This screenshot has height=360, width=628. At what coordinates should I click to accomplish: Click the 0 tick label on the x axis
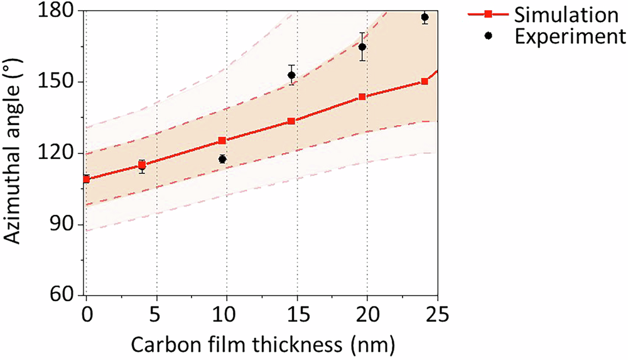pyautogui.click(x=86, y=312)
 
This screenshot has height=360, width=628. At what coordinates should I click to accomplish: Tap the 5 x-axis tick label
pyautogui.click(x=156, y=312)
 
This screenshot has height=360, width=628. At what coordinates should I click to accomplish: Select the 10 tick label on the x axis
pyautogui.click(x=226, y=312)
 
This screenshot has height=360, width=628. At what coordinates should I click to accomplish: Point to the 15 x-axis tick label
pyautogui.click(x=296, y=312)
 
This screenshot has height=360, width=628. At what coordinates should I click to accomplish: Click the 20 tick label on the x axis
pyautogui.click(x=367, y=312)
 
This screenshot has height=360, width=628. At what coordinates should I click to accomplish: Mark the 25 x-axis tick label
pyautogui.click(x=437, y=312)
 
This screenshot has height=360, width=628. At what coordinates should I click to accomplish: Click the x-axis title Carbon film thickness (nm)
pyautogui.click(x=263, y=344)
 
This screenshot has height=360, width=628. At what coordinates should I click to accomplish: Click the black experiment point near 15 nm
pyautogui.click(x=291, y=75)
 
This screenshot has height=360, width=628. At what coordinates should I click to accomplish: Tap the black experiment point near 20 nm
pyautogui.click(x=362, y=47)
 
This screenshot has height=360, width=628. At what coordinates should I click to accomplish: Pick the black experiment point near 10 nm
pyautogui.click(x=222, y=159)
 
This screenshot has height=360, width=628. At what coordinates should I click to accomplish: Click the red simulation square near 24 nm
pyautogui.click(x=425, y=82)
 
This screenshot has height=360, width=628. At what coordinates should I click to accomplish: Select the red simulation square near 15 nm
pyautogui.click(x=291, y=121)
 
